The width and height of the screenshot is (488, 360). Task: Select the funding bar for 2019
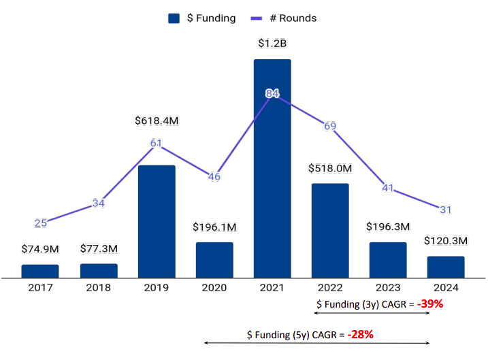tap(157, 221)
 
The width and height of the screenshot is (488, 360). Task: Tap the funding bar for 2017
tap(40, 271)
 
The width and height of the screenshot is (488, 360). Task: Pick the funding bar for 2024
tap(446, 267)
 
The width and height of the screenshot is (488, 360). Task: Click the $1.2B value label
tap(272, 44)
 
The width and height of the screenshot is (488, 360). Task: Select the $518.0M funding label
tap(330, 168)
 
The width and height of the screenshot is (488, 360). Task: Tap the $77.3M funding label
tap(99, 248)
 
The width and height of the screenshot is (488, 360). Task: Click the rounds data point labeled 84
tap(272, 93)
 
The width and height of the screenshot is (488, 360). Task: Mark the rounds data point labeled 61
tap(157, 143)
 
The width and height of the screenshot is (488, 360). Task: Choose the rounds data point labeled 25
tap(40, 223)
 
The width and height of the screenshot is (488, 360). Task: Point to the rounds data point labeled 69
tap(330, 126)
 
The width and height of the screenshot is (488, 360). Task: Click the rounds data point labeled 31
tap(446, 210)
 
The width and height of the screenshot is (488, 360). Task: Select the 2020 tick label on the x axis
tap(214, 288)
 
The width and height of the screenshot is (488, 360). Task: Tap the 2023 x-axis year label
tap(388, 288)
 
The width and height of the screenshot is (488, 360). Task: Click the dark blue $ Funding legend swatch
tap(174, 18)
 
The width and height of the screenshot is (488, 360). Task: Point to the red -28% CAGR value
tap(360, 335)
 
